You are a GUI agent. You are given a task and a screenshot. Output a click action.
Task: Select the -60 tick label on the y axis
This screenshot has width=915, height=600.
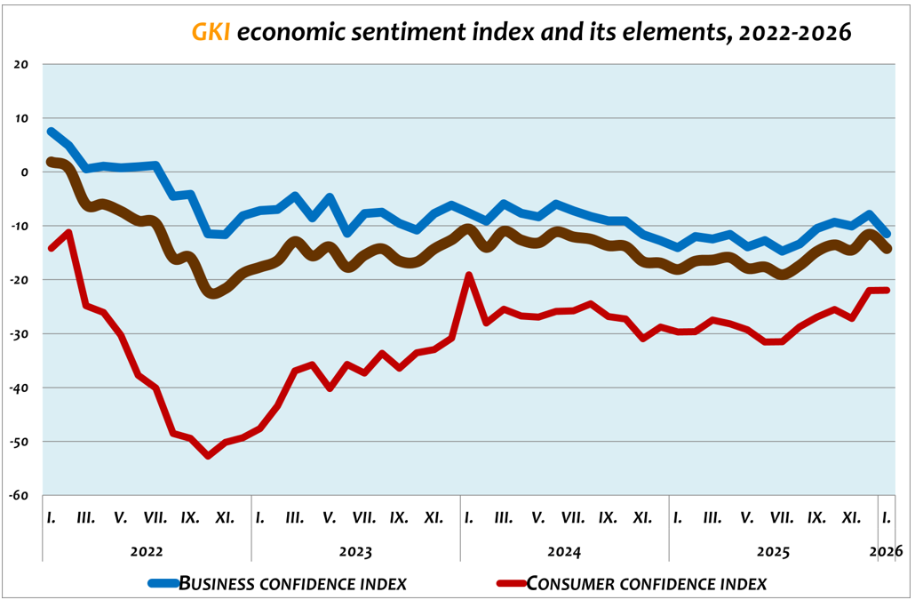coord(20,495)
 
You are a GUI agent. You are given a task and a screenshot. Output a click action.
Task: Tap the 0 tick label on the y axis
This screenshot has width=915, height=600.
coord(25,172)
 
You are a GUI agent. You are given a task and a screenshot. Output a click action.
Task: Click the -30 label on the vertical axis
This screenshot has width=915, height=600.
coord(20,333)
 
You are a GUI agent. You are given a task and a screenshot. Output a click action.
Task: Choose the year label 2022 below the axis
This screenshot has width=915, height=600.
coord(147,551)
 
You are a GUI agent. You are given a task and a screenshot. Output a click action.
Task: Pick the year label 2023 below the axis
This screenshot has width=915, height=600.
coord(355,551)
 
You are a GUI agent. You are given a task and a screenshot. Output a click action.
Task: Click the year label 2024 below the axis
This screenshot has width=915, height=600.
coord(564,551)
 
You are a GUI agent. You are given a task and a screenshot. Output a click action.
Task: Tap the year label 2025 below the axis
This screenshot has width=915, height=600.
coord(773,551)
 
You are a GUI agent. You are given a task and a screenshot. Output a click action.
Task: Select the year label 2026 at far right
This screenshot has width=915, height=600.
coord(887,551)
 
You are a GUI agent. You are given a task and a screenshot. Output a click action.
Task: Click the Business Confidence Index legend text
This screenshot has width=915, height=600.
coord(293,584)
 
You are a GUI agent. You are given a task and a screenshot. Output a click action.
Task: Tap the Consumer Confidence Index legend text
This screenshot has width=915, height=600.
coord(647,584)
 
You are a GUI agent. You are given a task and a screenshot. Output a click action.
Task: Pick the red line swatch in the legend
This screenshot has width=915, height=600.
coord(511,584)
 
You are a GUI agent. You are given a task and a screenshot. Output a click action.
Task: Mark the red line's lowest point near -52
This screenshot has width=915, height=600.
coord(208,455)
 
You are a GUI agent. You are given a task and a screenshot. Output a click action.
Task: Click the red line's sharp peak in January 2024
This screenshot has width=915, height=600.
coord(469,276)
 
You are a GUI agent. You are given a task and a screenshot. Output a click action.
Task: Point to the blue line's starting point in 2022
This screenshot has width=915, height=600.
coord(51,132)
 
